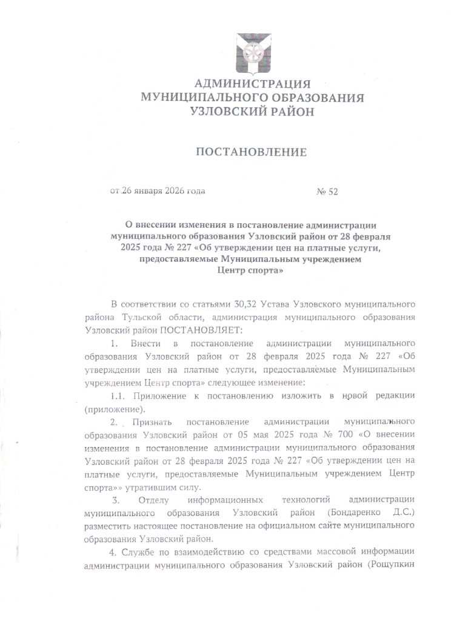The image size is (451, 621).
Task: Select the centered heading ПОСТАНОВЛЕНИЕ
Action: coord(252,151)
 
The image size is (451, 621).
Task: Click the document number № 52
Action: coord(327,192)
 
